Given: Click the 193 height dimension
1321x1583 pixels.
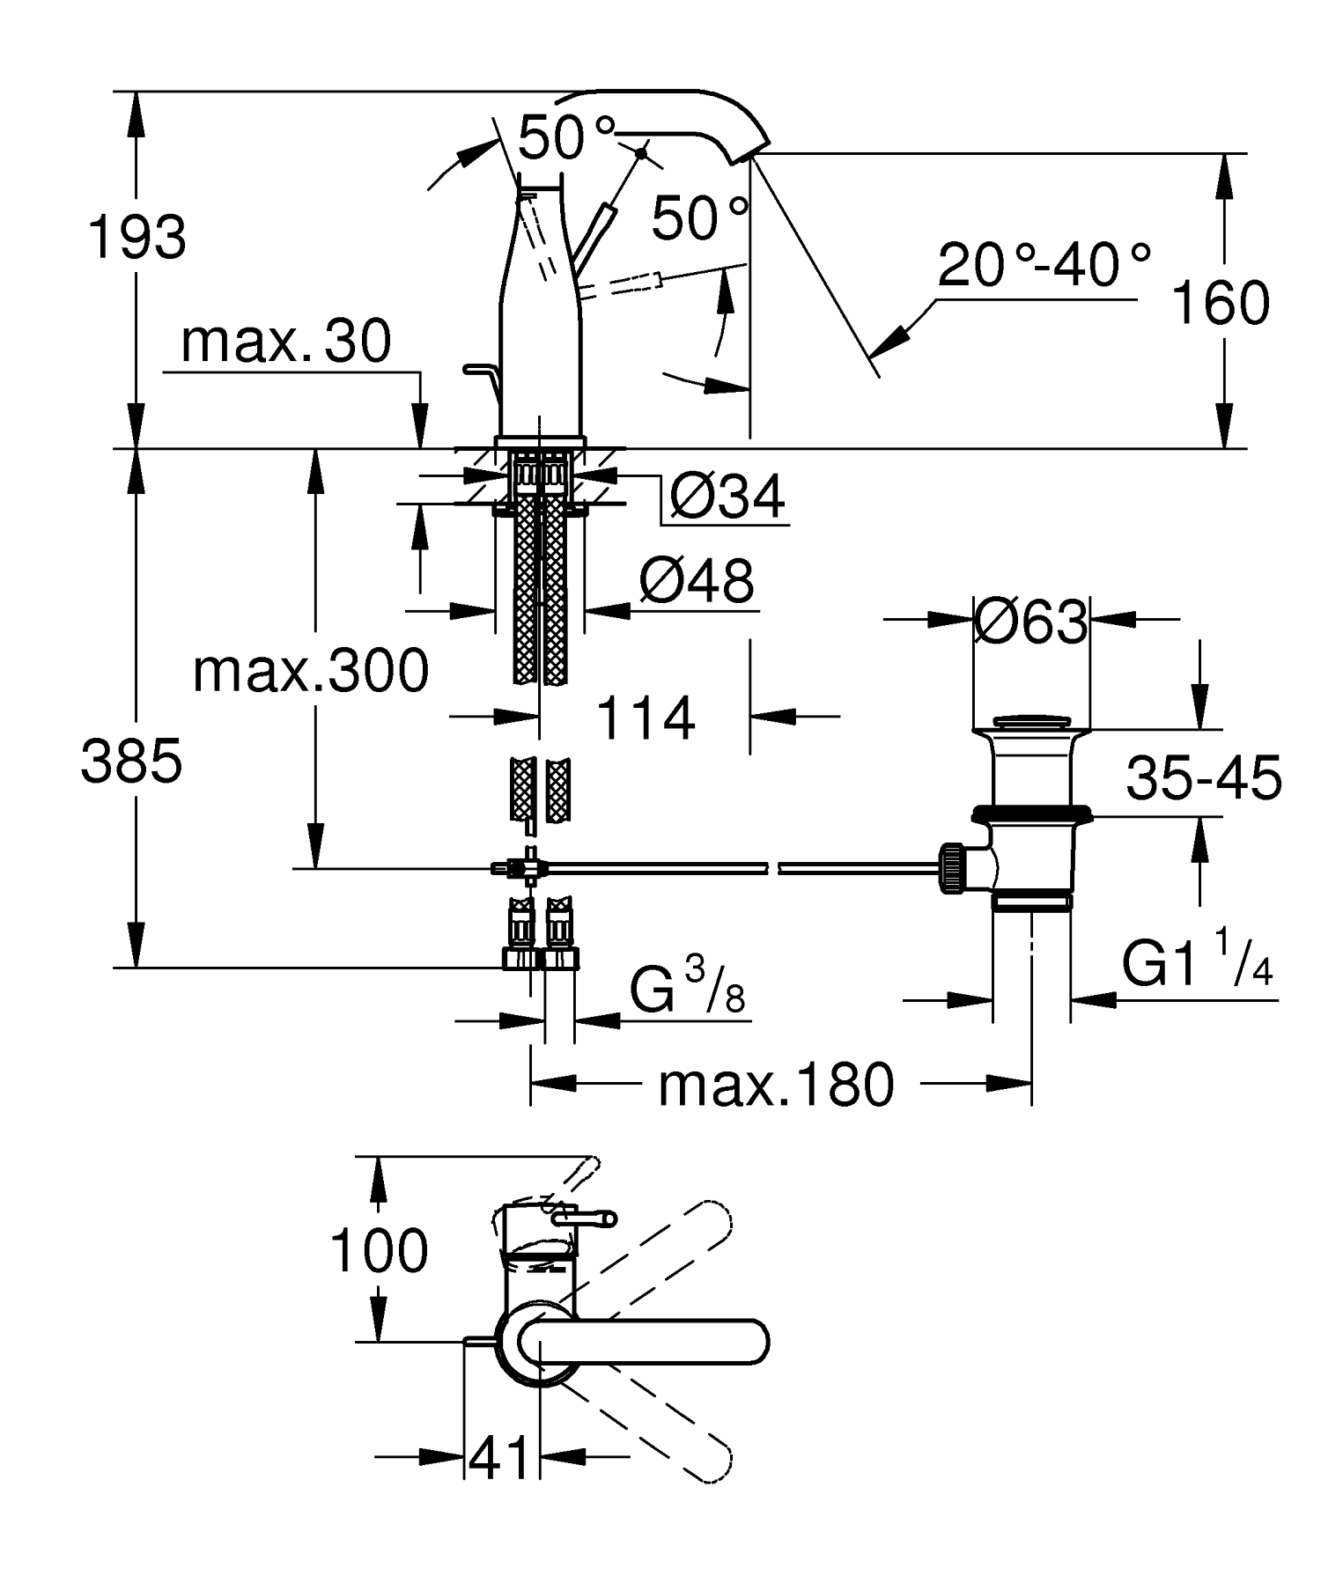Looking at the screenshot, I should pyautogui.click(x=137, y=237).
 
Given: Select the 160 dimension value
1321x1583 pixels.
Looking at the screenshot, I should pyautogui.click(x=1220, y=303).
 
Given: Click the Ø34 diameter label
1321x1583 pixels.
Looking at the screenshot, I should pyautogui.click(x=727, y=497).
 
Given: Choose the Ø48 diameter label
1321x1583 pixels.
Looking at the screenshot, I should pyautogui.click(x=697, y=581).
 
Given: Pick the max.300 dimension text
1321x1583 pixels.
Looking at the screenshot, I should pyautogui.click(x=311, y=671).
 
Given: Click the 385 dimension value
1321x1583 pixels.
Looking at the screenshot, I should pyautogui.click(x=132, y=762).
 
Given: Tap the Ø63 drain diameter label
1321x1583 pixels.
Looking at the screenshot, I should pyautogui.click(x=1031, y=623).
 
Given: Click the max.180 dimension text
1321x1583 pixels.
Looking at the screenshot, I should pyautogui.click(x=776, y=1085).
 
